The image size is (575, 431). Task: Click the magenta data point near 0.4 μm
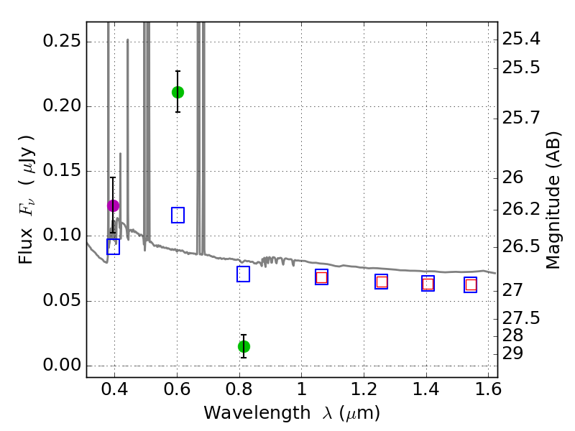click(x=113, y=205)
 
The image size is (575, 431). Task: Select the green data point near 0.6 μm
click(x=178, y=92)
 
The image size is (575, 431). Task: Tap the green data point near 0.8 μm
click(x=244, y=346)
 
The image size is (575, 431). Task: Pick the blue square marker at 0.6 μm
click(x=178, y=215)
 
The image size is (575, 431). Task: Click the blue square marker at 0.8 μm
click(x=243, y=274)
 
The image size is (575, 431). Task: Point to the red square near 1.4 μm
click(x=428, y=284)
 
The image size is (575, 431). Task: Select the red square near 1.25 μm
click(x=382, y=282)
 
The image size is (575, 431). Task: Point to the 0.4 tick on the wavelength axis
click(x=115, y=392)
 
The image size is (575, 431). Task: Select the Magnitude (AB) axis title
click(x=553, y=200)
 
